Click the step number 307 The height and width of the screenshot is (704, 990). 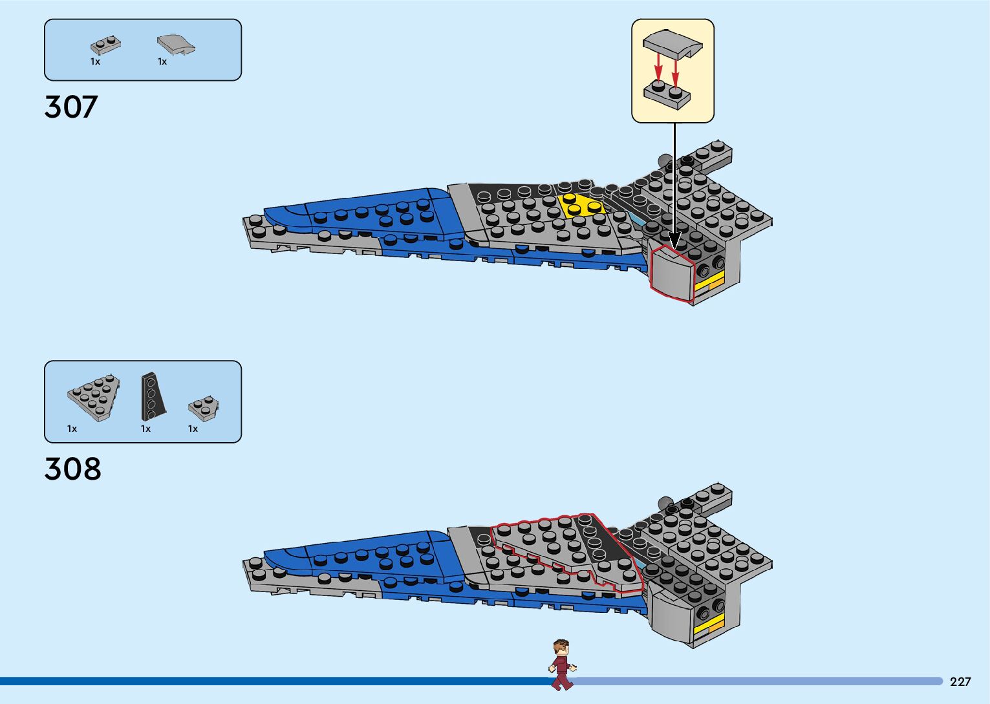click(x=71, y=107)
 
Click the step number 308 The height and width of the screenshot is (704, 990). click(x=72, y=469)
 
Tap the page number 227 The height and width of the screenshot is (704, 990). click(x=960, y=681)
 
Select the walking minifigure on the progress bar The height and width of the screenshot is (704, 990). click(x=561, y=665)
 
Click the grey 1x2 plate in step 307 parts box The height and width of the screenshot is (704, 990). click(x=105, y=45)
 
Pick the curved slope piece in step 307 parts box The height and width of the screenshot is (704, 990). click(x=175, y=44)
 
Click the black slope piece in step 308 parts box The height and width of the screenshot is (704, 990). click(x=152, y=396)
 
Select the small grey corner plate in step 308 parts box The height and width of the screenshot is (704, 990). click(x=203, y=407)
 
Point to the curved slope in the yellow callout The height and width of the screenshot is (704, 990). click(x=673, y=43)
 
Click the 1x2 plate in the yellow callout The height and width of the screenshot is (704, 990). click(x=667, y=94)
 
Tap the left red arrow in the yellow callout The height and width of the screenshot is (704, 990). click(x=658, y=67)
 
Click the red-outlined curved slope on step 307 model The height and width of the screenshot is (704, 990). click(x=671, y=273)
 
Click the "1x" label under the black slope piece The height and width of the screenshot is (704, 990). click(x=145, y=429)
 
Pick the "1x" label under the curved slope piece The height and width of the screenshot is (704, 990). click(x=162, y=61)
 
